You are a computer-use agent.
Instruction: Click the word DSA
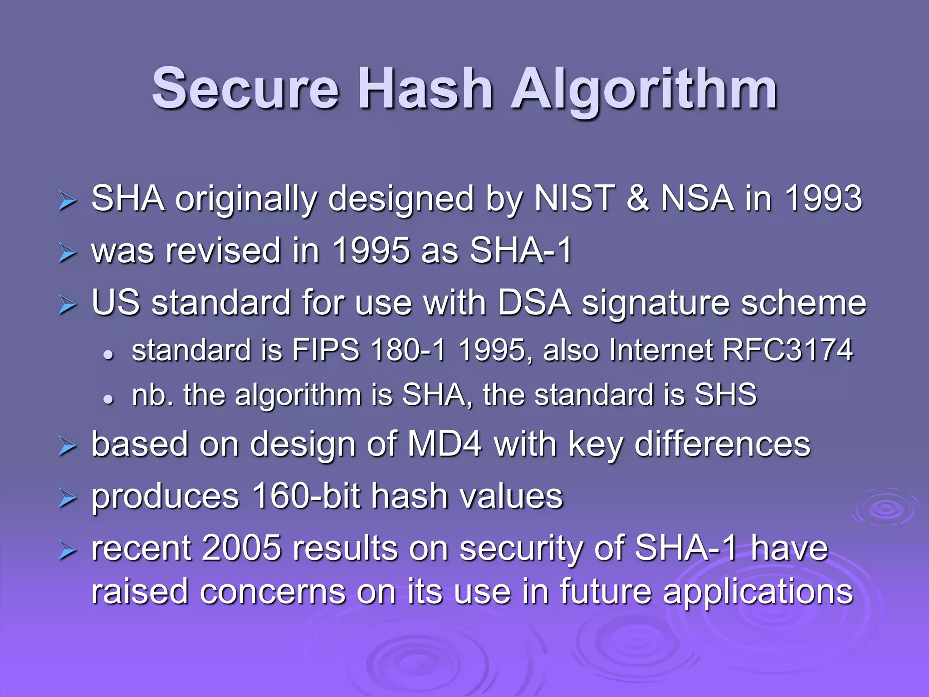(534, 303)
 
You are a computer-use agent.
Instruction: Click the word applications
(758, 592)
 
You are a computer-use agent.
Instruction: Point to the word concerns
(272, 592)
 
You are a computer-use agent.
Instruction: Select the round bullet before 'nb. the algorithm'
(108, 399)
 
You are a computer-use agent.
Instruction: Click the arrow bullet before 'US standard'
(67, 305)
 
